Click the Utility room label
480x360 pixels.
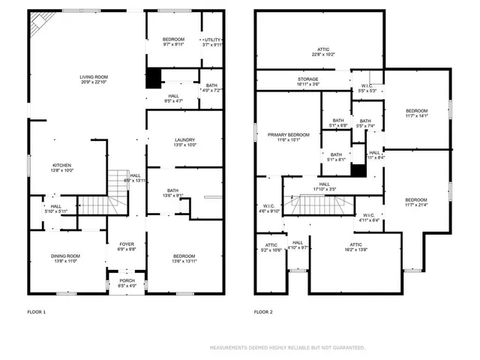pyautogui.click(x=213, y=40)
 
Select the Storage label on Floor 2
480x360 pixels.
pyautogui.click(x=307, y=79)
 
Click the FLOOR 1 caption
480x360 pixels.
pyautogui.click(x=37, y=311)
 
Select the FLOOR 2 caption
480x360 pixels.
pyautogui.click(x=264, y=311)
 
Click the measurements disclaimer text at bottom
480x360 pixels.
pyautogui.click(x=287, y=348)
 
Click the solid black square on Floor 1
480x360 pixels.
pyautogui.click(x=154, y=76)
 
